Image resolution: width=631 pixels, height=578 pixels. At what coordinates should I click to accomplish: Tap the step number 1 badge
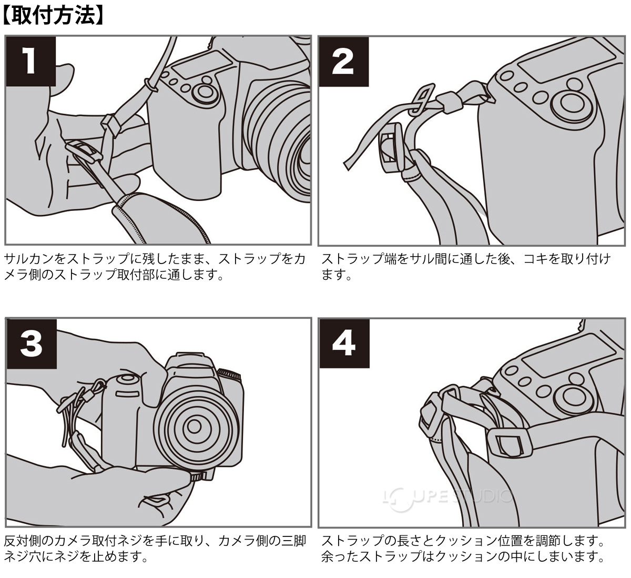coord(30,62)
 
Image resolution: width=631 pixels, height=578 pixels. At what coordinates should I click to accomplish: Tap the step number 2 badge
coord(343,62)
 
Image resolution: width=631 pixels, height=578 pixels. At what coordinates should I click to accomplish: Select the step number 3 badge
coord(30,344)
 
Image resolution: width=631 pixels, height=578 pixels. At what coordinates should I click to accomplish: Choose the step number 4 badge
coord(343,344)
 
